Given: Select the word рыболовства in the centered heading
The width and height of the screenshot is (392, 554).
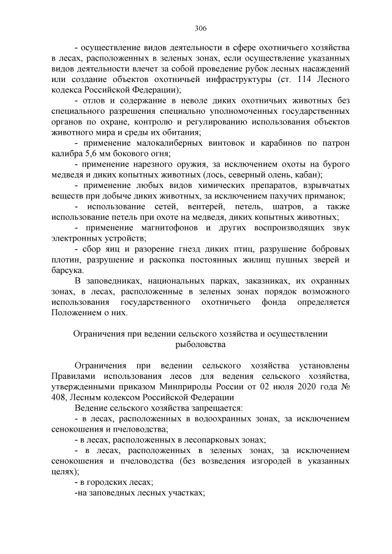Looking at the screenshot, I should (200, 345).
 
